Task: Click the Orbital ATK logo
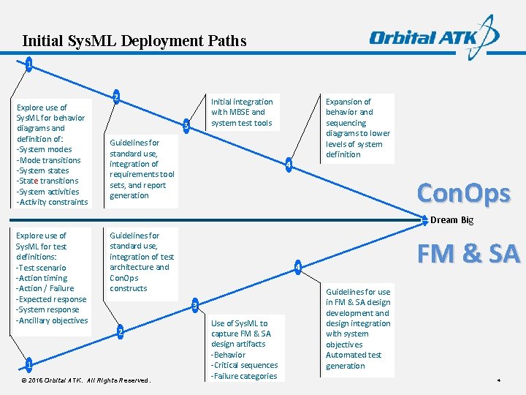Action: point(434,37)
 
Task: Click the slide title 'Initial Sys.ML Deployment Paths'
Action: point(134,41)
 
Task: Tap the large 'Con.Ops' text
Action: point(463,193)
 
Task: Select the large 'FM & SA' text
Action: point(468,254)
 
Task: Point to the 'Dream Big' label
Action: point(451,220)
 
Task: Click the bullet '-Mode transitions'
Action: point(48,160)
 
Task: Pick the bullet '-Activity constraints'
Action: point(52,202)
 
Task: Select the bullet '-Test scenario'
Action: point(41,268)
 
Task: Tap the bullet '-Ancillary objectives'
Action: point(52,320)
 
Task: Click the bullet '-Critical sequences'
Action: point(244,365)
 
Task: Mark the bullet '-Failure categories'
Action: point(244,376)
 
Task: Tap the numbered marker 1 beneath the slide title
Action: point(28,65)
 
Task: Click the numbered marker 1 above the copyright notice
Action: point(28,364)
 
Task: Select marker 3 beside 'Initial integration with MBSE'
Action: point(187,127)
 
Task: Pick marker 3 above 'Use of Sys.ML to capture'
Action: point(194,304)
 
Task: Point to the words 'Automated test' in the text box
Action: point(354,355)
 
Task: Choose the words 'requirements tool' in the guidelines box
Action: point(142,174)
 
